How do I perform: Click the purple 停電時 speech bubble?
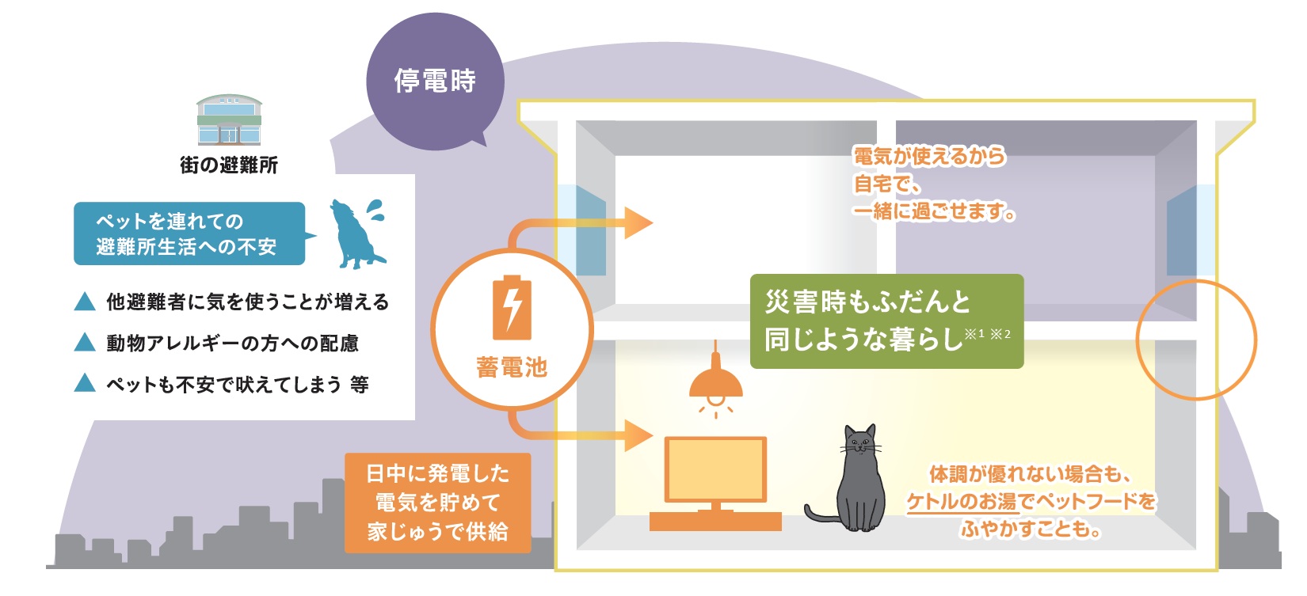pyautogui.click(x=435, y=82)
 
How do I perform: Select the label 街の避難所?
pyautogui.click(x=229, y=165)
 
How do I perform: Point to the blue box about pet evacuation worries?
pyautogui.click(x=189, y=233)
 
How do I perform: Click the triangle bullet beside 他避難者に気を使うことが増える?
pyautogui.click(x=85, y=302)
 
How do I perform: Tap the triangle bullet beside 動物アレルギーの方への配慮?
pyautogui.click(x=85, y=343)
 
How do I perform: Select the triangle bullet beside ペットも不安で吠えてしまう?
pyautogui.click(x=85, y=384)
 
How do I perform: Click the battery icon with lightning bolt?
pyautogui.click(x=512, y=308)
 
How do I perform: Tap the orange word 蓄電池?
pyautogui.click(x=512, y=367)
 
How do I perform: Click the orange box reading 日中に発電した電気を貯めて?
pyautogui.click(x=437, y=503)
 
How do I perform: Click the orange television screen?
pyautogui.click(x=715, y=469)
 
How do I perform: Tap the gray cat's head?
pyautogui.click(x=860, y=443)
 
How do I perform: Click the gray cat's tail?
pyautogui.click(x=820, y=515)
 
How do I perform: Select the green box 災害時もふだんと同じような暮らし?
pyautogui.click(x=886, y=321)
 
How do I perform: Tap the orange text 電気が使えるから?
pyautogui.click(x=928, y=157)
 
